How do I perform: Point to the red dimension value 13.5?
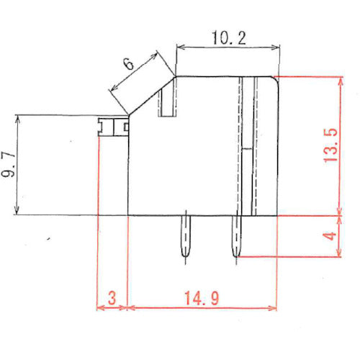click(x=332, y=146)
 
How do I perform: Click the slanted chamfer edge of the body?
click(x=151, y=94)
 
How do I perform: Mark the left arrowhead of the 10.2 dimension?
click(x=179, y=48)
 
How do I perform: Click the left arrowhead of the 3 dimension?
click(x=99, y=307)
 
